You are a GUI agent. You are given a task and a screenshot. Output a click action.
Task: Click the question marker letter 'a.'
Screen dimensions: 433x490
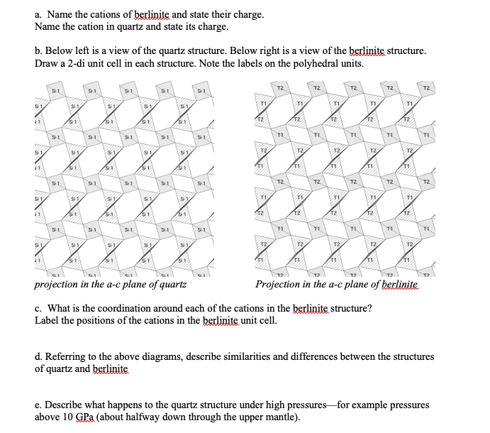tap(39, 13)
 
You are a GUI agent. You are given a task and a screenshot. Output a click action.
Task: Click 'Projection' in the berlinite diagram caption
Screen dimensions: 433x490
tap(280, 285)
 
